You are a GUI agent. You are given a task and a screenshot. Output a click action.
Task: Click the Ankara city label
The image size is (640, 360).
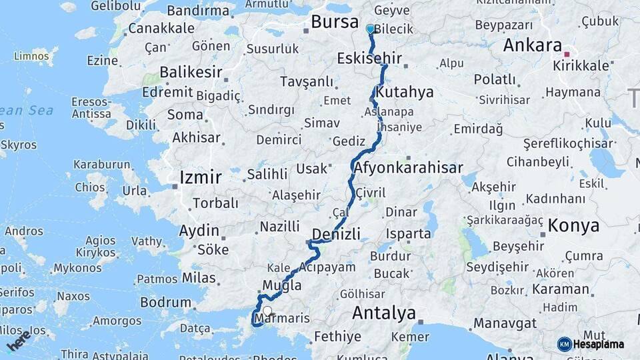[532, 45]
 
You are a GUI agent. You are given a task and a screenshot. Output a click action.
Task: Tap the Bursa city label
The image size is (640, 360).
[335, 22]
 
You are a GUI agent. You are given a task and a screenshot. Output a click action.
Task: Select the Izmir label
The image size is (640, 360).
[200, 177]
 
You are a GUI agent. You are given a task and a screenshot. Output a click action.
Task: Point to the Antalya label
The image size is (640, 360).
[383, 313]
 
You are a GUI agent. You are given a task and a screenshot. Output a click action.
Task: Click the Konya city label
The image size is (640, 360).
[573, 226]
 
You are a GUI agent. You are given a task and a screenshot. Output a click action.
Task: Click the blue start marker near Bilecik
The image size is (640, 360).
[371, 29]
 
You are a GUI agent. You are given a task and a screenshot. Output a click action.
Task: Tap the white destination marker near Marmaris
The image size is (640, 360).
[267, 311]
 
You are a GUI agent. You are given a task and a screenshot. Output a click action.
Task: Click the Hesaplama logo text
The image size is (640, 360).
[598, 345]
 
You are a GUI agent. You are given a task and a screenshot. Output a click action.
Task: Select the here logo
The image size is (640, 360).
[18, 341]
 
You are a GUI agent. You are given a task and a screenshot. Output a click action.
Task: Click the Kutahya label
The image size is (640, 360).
[405, 91]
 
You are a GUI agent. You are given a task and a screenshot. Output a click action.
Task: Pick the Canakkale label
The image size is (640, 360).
[161, 28]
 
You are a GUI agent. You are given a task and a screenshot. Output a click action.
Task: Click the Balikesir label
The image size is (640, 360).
[191, 72]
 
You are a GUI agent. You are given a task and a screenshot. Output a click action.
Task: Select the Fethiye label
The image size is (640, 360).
[337, 336]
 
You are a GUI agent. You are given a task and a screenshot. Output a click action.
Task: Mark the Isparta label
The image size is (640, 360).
[408, 234]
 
